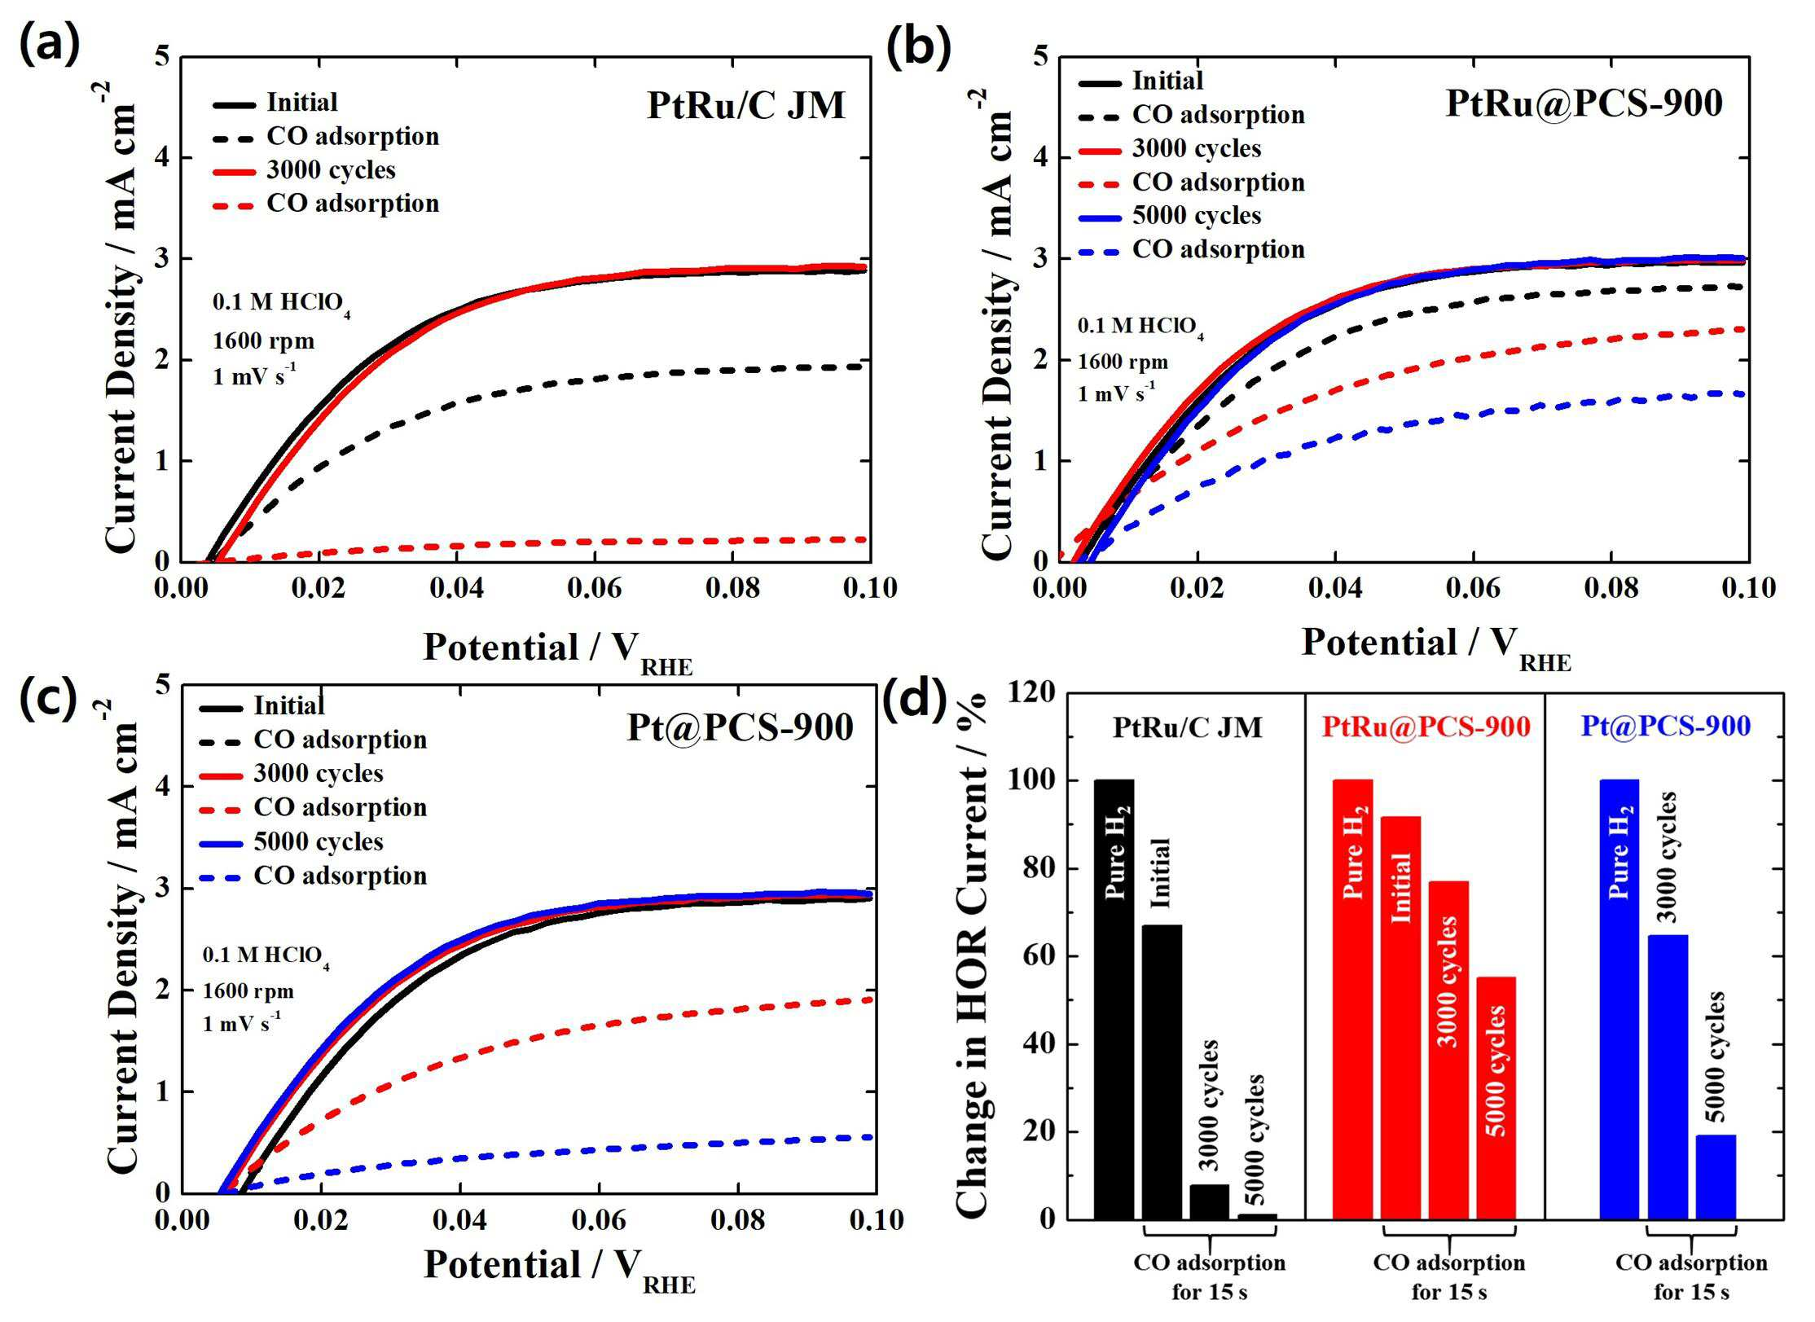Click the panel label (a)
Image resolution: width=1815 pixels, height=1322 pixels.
[x=50, y=44]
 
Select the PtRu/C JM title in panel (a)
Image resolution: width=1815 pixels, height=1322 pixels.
[x=745, y=106]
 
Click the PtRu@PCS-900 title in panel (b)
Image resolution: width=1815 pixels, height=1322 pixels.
[x=1584, y=104]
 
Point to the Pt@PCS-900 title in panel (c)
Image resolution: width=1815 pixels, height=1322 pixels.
[x=739, y=727]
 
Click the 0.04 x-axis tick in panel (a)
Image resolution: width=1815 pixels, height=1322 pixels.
[x=456, y=588]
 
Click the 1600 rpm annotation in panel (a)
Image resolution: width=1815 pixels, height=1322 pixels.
[x=263, y=341]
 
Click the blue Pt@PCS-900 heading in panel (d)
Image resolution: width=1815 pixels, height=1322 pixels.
[x=1666, y=726]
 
